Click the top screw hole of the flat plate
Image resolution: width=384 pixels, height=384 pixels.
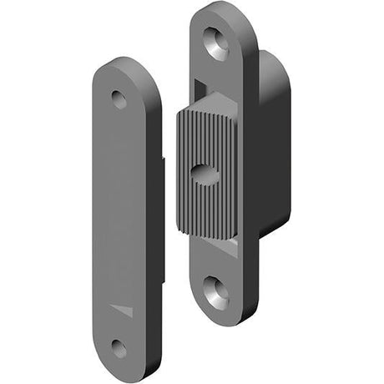119,100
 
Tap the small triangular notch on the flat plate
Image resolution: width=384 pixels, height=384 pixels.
122,310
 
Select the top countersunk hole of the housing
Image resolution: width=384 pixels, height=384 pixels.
216,43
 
